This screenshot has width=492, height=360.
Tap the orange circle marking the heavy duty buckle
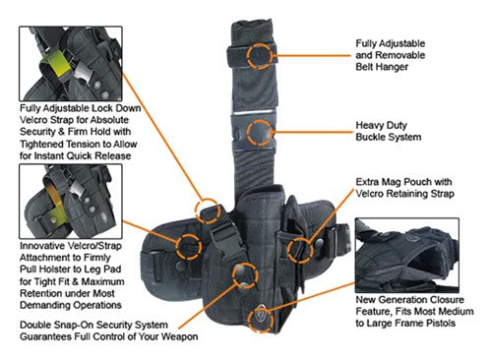coord(260,133)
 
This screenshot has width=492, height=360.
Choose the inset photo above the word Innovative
coord(69,201)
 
